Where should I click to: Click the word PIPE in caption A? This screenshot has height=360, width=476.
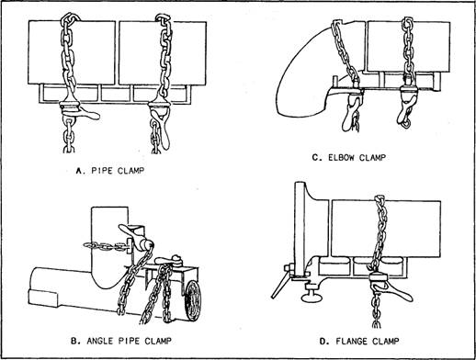101,171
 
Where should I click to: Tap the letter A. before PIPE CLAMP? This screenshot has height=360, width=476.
80,171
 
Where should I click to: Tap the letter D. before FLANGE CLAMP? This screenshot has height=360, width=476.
324,341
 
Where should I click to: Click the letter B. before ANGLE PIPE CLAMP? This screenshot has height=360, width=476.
75,341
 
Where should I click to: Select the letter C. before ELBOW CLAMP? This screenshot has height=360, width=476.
317,158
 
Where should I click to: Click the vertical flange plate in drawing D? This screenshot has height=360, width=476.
300,230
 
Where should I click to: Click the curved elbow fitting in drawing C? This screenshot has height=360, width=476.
306,76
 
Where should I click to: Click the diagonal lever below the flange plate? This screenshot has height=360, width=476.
281,286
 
